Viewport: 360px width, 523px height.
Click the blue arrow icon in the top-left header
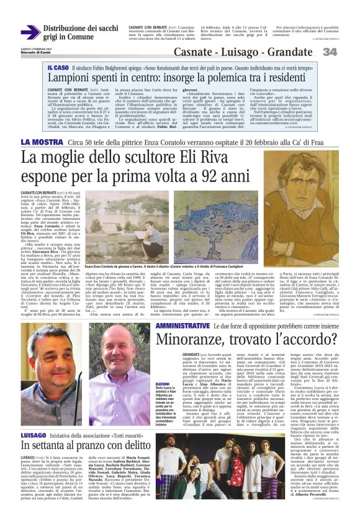click(x=30, y=32)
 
